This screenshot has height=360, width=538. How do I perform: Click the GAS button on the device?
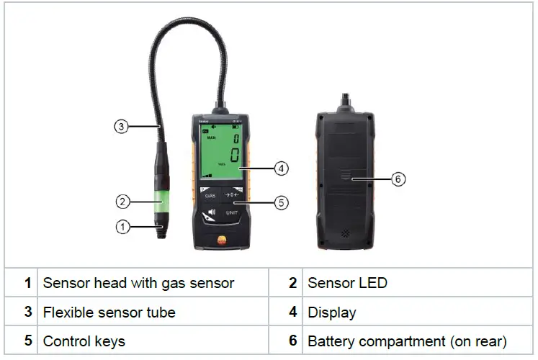tap(210, 194)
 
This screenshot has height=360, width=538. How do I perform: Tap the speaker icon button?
tap(210, 214)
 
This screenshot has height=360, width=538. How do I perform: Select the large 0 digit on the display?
tap(233, 154)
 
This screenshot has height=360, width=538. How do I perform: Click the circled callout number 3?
tap(122, 127)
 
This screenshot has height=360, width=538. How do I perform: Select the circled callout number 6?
tap(398, 179)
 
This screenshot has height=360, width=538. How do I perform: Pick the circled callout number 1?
tap(122, 227)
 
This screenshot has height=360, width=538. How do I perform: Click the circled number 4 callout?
tap(282, 168)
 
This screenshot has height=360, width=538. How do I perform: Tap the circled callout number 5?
tap(282, 203)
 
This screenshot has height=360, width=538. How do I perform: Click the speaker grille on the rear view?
tap(345, 234)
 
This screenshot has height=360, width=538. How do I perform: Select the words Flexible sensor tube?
tap(109, 312)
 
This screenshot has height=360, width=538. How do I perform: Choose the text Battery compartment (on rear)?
tap(407, 341)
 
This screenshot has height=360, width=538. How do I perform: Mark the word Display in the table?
tap(332, 312)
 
